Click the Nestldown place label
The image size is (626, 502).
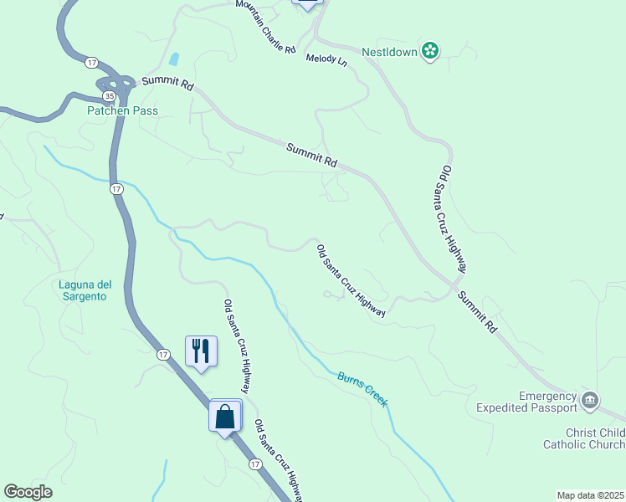pyautogui.click(x=390, y=51)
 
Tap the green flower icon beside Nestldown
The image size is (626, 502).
pyautogui.click(x=430, y=51)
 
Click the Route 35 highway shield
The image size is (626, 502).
pyautogui.click(x=109, y=97)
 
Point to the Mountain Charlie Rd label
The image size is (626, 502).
pyautogui.click(x=266, y=27)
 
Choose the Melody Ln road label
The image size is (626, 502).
pyautogui.click(x=326, y=59)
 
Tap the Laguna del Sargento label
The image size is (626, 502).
pyautogui.click(x=85, y=290)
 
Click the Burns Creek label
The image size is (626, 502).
pyautogui.click(x=362, y=390)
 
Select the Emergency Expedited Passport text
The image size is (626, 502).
pyautogui.click(x=548, y=402)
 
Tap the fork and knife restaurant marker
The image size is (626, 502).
pyautogui.click(x=201, y=349)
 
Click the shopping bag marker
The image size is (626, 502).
pyautogui.click(x=225, y=415)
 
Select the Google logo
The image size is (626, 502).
pyautogui.click(x=28, y=492)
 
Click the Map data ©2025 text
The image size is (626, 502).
pyautogui.click(x=590, y=495)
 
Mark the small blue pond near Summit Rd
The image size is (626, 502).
pyautogui.click(x=173, y=59)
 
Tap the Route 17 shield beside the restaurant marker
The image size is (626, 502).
pyautogui.click(x=163, y=355)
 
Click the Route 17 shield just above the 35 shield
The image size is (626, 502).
pyautogui.click(x=91, y=62)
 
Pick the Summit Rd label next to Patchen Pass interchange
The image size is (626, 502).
pyautogui.click(x=167, y=84)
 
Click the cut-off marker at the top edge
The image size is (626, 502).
pyautogui.click(x=307, y=4)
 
